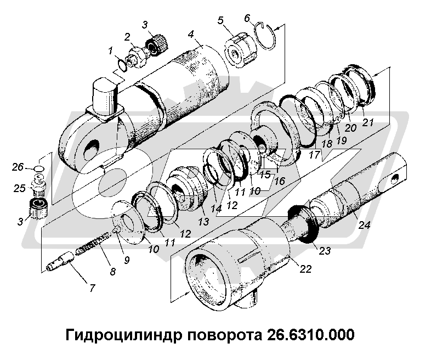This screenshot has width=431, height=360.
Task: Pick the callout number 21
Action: click(x=367, y=122)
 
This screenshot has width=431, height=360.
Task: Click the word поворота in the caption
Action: click(x=214, y=334)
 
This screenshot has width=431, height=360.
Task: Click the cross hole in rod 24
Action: click(x=394, y=178)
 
